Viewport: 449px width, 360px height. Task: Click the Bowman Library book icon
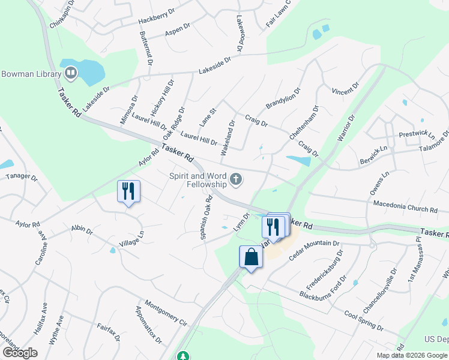pos(71,74)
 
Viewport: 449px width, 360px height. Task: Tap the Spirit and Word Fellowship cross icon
pos(237,179)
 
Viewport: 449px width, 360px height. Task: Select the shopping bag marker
pos(251,258)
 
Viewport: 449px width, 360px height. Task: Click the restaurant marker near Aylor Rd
pos(128,192)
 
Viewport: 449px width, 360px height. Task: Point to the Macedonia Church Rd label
pos(405,207)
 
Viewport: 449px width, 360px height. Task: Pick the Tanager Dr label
pos(22,177)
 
